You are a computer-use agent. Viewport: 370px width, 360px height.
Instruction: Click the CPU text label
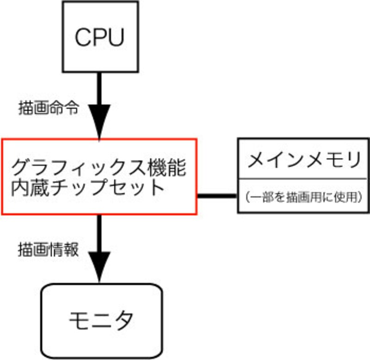point(99,37)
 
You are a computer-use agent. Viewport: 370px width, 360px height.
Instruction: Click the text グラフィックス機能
point(99,167)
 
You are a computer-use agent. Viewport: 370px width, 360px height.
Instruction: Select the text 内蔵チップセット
point(88,188)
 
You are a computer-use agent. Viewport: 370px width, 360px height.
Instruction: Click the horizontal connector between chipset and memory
point(217,196)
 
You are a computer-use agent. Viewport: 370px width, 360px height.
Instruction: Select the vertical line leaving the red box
point(99,231)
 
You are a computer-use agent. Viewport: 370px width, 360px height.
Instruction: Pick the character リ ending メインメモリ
point(352,160)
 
